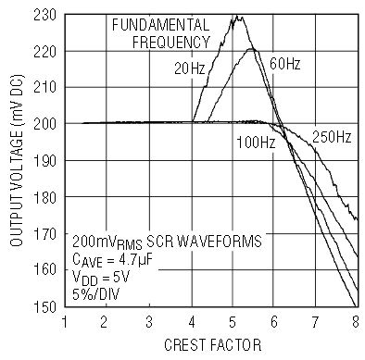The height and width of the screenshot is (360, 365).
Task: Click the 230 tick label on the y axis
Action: (44, 15)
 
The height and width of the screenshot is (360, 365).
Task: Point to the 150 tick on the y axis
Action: (44, 306)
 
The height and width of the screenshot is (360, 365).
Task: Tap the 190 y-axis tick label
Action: (44, 161)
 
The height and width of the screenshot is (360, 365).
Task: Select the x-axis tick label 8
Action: (356, 322)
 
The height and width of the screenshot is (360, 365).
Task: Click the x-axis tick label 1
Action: (65, 322)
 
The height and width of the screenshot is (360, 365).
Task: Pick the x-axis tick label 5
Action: (233, 322)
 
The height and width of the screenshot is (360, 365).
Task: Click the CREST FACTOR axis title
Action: (213, 345)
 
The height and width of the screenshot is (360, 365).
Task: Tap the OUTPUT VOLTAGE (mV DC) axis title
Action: (17, 160)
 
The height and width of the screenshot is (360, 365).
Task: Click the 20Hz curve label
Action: (189, 68)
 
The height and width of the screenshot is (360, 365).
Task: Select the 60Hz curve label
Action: (284, 64)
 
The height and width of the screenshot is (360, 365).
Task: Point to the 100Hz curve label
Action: (256, 143)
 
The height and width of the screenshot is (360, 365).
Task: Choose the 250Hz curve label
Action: (332, 137)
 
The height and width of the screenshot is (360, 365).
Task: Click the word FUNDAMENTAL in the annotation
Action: (160, 25)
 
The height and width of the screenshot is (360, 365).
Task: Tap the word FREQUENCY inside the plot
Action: (171, 43)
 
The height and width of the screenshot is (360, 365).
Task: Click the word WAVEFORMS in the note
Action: (220, 241)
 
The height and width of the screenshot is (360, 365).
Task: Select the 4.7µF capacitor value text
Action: (135, 259)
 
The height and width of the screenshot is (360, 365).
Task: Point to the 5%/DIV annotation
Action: (95, 294)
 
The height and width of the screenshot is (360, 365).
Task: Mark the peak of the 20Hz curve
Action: (237, 16)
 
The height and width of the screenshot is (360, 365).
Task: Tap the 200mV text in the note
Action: (94, 241)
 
